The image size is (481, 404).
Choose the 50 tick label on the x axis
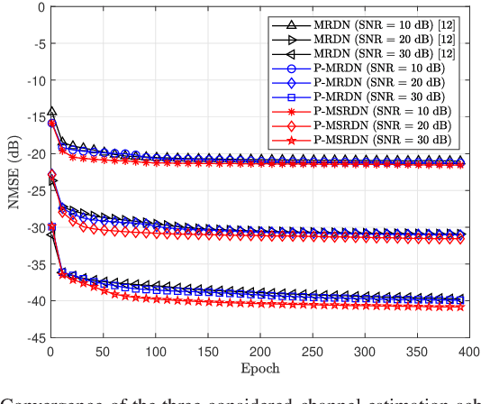coord(103,351)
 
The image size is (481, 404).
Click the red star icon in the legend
coord(290,141)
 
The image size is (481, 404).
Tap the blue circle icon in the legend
coord(290,66)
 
